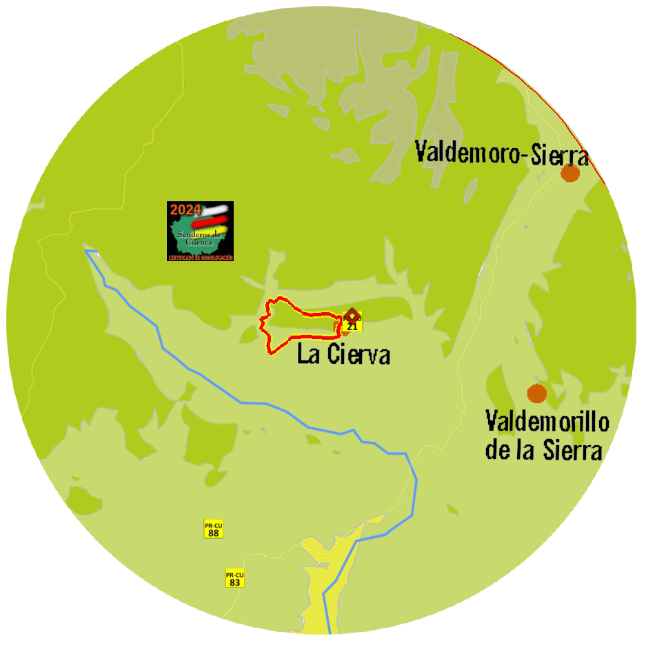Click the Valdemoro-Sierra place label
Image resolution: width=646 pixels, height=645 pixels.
click(502, 152)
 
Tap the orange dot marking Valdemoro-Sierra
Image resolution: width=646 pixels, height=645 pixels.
click(570, 172)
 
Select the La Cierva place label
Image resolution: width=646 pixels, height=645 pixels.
click(343, 354)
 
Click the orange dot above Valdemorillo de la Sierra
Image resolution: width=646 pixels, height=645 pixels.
click(537, 393)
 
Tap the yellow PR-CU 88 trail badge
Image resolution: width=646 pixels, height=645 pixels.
click(213, 529)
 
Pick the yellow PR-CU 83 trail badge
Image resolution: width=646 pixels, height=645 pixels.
click(235, 578)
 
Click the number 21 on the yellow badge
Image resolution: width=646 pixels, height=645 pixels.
click(352, 327)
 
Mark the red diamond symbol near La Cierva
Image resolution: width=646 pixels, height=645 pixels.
click(352, 315)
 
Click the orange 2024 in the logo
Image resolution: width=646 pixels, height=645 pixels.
click(185, 209)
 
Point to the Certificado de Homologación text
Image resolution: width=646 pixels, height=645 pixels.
click(200, 258)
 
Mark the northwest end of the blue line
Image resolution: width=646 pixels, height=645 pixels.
click(87, 252)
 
